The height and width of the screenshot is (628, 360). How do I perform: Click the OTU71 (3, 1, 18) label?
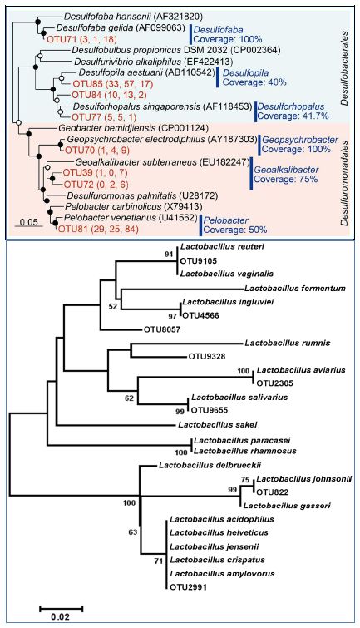[72, 39]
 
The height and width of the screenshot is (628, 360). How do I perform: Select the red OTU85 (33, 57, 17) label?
[106, 85]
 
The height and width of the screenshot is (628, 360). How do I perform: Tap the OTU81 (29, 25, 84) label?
[98, 229]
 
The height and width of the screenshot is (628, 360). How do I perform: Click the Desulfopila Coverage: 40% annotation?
[254, 77]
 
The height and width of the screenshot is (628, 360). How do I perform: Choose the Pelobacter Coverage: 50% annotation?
[235, 225]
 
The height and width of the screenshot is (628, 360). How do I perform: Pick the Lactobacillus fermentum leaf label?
[295, 288]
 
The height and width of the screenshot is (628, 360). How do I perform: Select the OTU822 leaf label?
[271, 492]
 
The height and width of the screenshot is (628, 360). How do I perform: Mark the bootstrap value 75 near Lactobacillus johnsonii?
[245, 478]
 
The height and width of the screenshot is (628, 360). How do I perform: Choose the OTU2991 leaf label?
[186, 587]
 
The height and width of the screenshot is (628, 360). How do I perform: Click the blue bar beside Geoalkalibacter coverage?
[251, 173]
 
